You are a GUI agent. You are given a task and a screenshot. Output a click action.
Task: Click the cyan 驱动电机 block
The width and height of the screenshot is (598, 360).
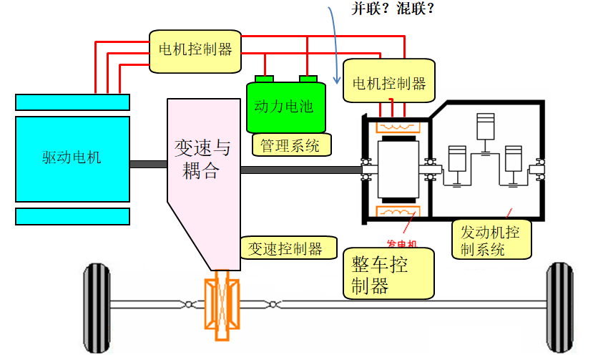(72, 157)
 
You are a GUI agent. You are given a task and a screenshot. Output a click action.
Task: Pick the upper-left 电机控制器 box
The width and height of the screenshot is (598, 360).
(195, 49)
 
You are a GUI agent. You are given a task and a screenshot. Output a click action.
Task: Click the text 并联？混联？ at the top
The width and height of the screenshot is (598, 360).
(393, 9)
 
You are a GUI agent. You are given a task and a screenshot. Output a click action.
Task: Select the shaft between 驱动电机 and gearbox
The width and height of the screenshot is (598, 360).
(148, 164)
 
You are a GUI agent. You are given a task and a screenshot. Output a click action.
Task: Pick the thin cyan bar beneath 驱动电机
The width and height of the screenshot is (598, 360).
(72, 216)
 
